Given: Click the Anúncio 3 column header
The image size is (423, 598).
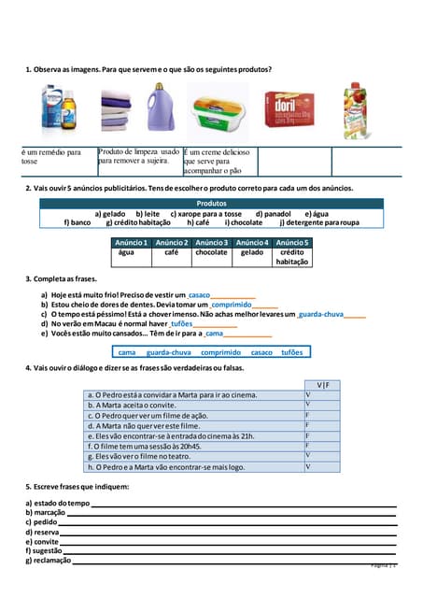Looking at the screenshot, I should coord(211,243).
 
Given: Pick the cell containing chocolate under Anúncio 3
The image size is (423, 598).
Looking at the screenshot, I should coord(211,252).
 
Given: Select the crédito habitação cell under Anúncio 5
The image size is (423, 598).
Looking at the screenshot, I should coord(291,257).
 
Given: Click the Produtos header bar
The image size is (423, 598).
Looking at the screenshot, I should coord(211,203).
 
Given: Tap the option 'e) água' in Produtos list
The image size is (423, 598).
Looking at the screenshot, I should coord(317,214).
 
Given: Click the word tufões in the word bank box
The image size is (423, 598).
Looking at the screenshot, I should coord(291,352).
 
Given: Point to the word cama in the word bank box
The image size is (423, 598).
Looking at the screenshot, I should coord(127,352).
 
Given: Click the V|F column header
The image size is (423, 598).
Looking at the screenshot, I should coord(322,384).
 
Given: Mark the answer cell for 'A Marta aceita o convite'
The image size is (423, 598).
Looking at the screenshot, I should coord(322,405).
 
